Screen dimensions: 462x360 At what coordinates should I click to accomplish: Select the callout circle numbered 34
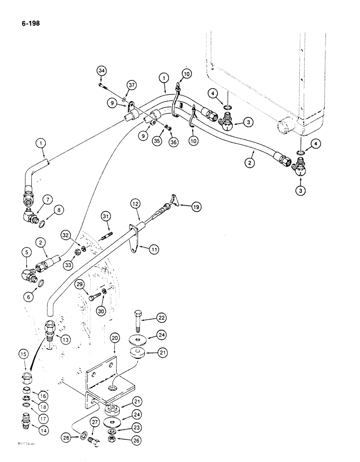[x=102, y=70]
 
